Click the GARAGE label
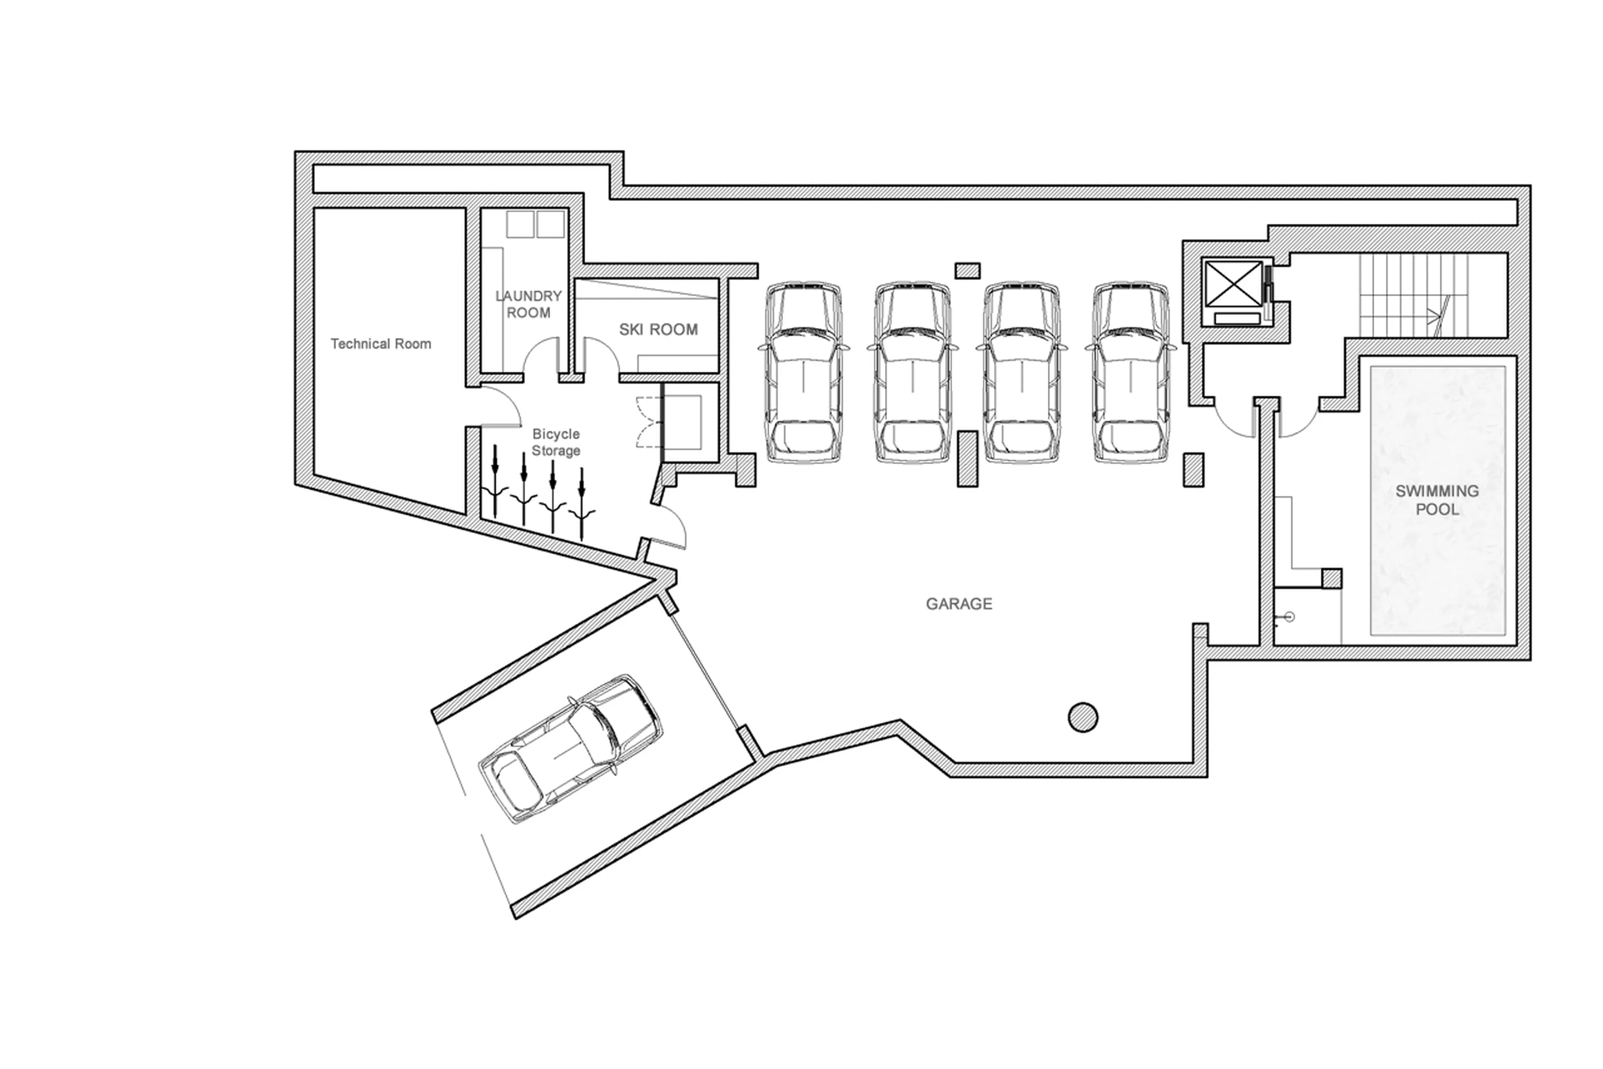click(x=958, y=603)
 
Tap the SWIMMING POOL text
click(x=1436, y=499)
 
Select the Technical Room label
click(x=380, y=344)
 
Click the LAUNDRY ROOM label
click(x=528, y=304)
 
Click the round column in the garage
click(x=1082, y=717)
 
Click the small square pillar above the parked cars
click(x=967, y=270)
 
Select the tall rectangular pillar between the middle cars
click(x=967, y=458)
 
